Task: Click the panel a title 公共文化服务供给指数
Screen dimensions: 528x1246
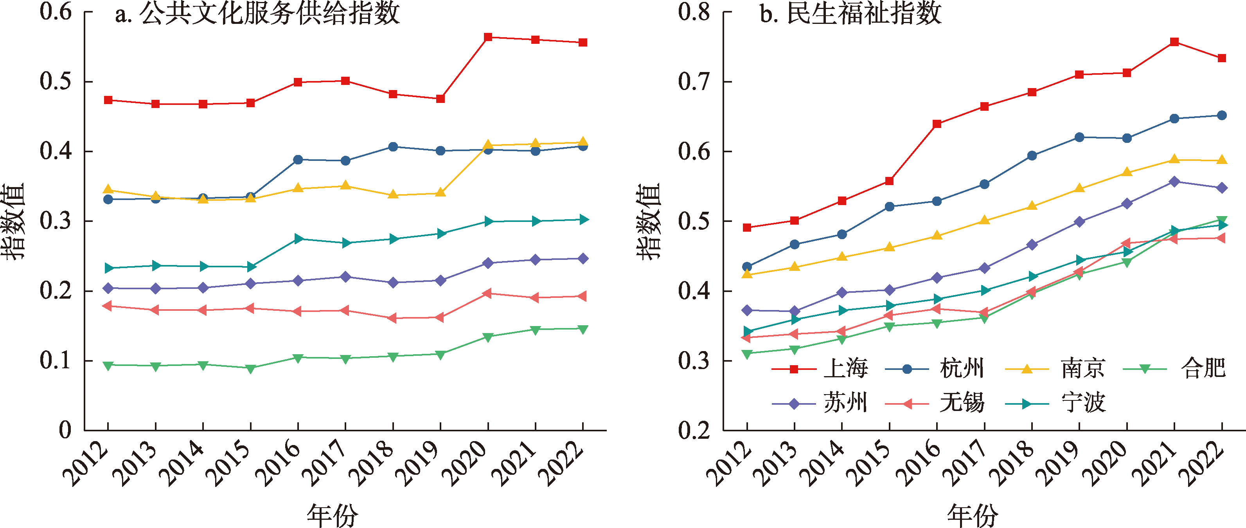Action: pos(257,14)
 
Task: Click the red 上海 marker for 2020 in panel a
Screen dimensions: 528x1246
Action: pos(488,37)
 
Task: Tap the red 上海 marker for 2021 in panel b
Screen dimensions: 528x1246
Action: pos(1174,42)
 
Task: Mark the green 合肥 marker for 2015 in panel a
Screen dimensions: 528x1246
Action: pos(250,369)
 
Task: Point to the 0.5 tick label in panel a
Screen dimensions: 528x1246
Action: pos(56,81)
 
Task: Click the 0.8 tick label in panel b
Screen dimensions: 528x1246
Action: pos(694,12)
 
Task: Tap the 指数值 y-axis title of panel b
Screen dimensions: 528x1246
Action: pos(648,221)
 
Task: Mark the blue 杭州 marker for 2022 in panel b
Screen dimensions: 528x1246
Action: pos(1222,115)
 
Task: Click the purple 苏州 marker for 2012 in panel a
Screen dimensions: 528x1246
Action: pos(108,288)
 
